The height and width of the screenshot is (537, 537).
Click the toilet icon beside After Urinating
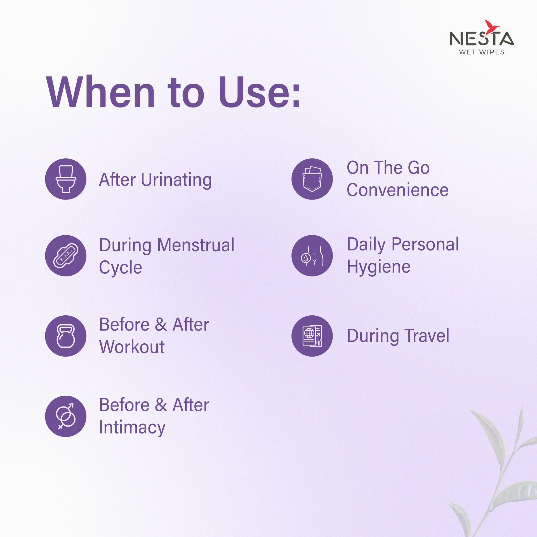(66, 179)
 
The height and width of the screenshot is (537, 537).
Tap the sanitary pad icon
(66, 256)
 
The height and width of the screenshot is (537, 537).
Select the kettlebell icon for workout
(66, 336)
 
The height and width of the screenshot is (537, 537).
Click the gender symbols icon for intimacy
(66, 416)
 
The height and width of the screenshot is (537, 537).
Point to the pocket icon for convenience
(312, 179)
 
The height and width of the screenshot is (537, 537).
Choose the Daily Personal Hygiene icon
(312, 256)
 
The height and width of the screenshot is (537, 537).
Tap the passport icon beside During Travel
(312, 336)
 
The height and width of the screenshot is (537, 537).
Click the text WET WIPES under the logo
(482, 52)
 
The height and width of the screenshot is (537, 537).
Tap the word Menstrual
(196, 245)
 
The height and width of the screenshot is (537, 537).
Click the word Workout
(132, 347)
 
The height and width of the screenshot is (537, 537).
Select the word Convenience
(398, 190)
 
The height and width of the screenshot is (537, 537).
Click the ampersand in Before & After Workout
(161, 325)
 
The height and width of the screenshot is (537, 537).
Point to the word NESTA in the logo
(482, 38)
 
